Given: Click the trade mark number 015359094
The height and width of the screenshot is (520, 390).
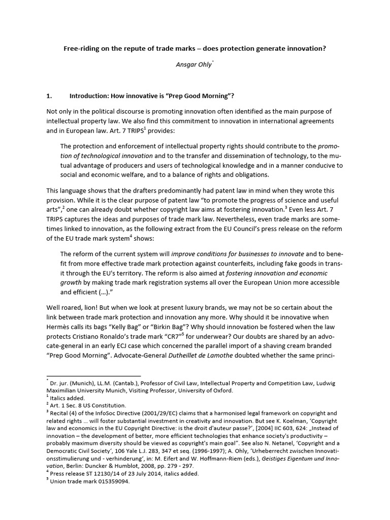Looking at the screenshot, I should coord(112,482).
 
